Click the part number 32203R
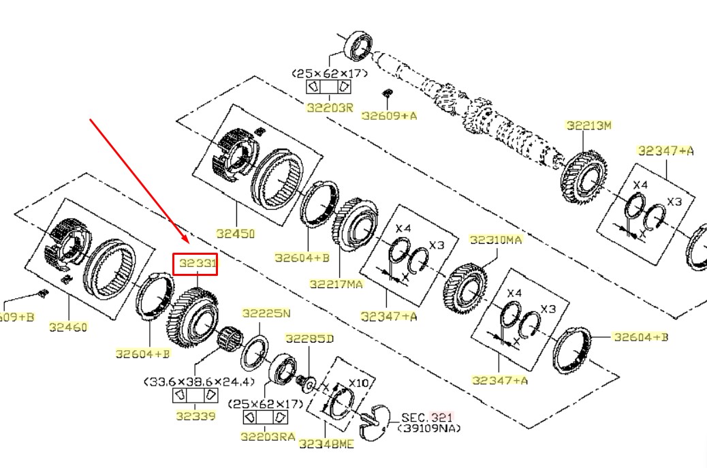330,107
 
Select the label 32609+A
389,116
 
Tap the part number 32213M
589,125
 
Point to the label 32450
235,234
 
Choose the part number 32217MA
336,284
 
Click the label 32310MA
496,240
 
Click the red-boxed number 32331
195,264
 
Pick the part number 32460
68,327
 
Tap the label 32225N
266,313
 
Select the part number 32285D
309,339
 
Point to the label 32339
194,416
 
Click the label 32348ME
326,444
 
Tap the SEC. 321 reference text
426,417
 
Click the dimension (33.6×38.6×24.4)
198,381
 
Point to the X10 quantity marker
358,383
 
